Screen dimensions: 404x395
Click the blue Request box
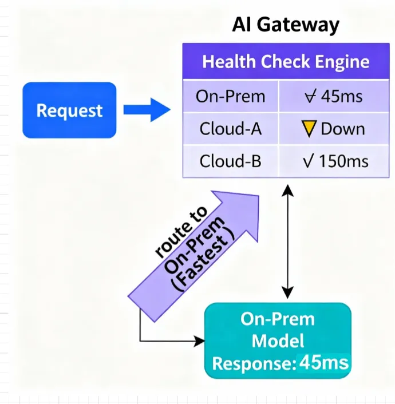tap(69, 110)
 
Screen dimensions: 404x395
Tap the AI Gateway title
tap(286, 25)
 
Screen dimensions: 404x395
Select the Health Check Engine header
tap(286, 62)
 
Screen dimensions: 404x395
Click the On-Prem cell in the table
tap(230, 96)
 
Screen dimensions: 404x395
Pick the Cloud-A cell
tap(230, 129)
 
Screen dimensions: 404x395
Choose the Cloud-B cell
tap(230, 161)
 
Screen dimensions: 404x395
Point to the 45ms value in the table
tap(342, 96)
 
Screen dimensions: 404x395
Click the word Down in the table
tap(343, 129)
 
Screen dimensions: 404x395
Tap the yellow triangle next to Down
tap(310, 129)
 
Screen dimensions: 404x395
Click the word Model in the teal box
tap(278, 341)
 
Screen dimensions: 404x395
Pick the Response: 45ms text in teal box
tap(280, 363)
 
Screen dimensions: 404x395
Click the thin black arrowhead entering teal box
tap(200, 341)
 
